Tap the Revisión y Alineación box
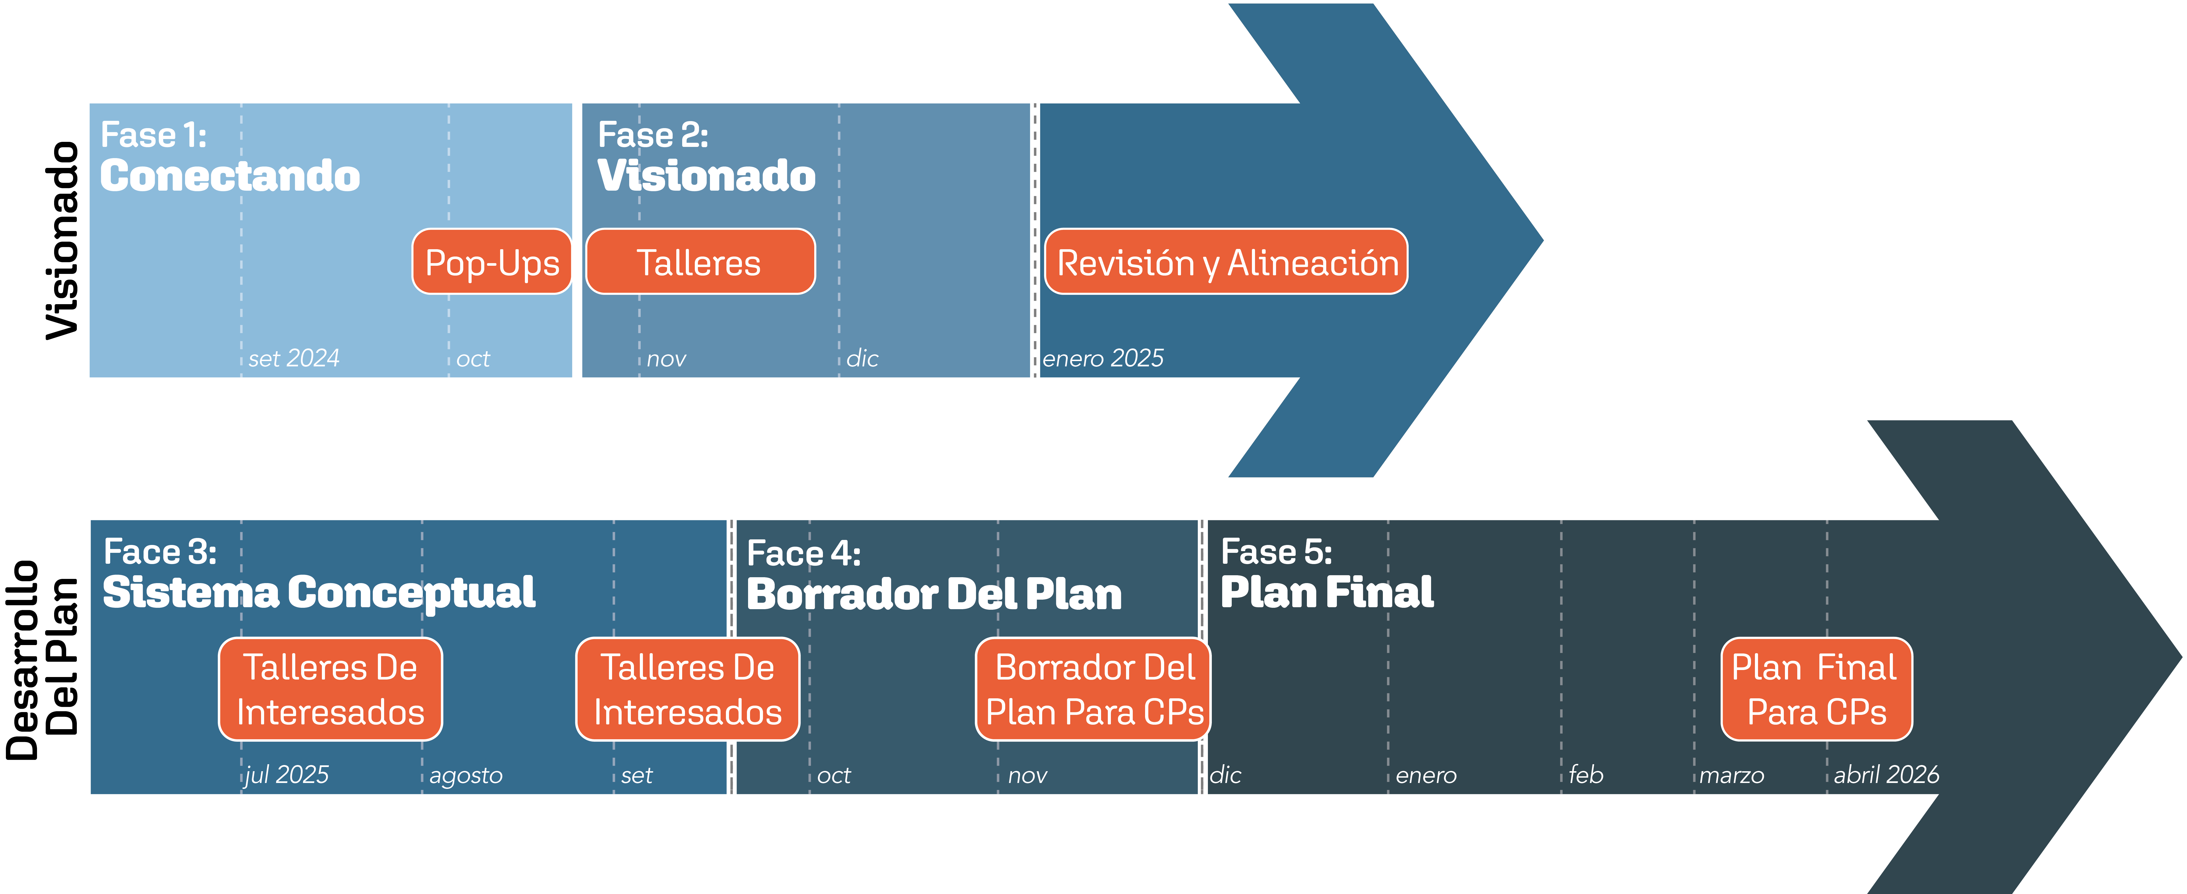1226,262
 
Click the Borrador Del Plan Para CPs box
1093,689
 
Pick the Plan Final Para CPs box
1816,689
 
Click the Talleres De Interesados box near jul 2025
330,689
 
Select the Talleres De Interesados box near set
688,689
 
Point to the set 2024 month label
294,358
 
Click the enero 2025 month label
1103,358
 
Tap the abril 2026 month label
1886,775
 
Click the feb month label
1585,775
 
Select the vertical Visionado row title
63,240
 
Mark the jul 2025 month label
287,775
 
